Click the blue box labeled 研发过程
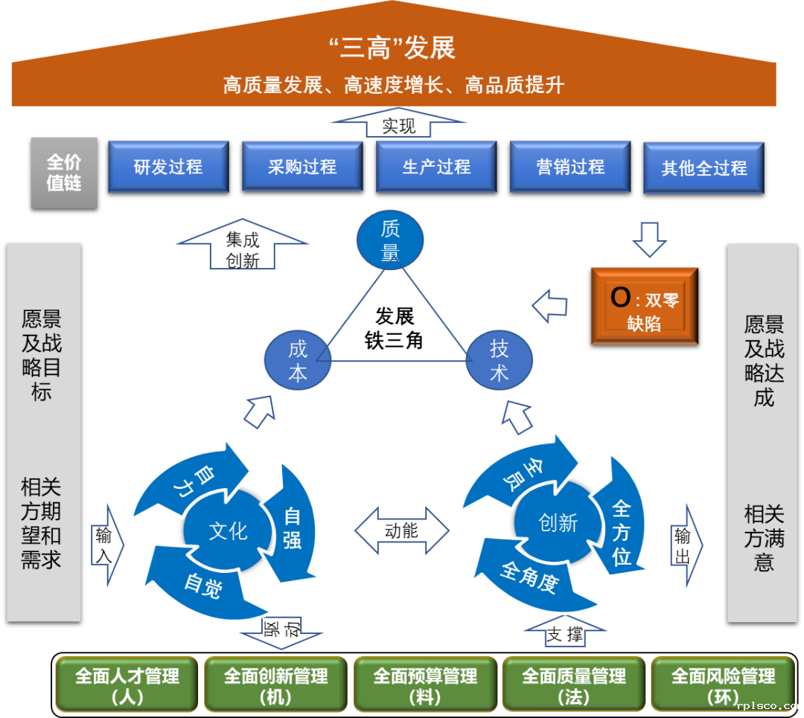[167, 167]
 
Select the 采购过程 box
[302, 167]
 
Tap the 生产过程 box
[436, 167]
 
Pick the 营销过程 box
[570, 167]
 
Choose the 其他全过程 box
[703, 168]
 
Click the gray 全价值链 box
[64, 173]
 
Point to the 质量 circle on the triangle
[390, 240]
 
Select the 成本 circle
[297, 362]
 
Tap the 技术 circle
[499, 361]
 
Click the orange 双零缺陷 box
[644, 307]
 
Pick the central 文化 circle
[228, 531]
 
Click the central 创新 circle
[558, 523]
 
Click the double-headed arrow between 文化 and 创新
[401, 531]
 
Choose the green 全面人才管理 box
[127, 685]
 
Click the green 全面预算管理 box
[424, 685]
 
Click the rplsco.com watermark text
[766, 707]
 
